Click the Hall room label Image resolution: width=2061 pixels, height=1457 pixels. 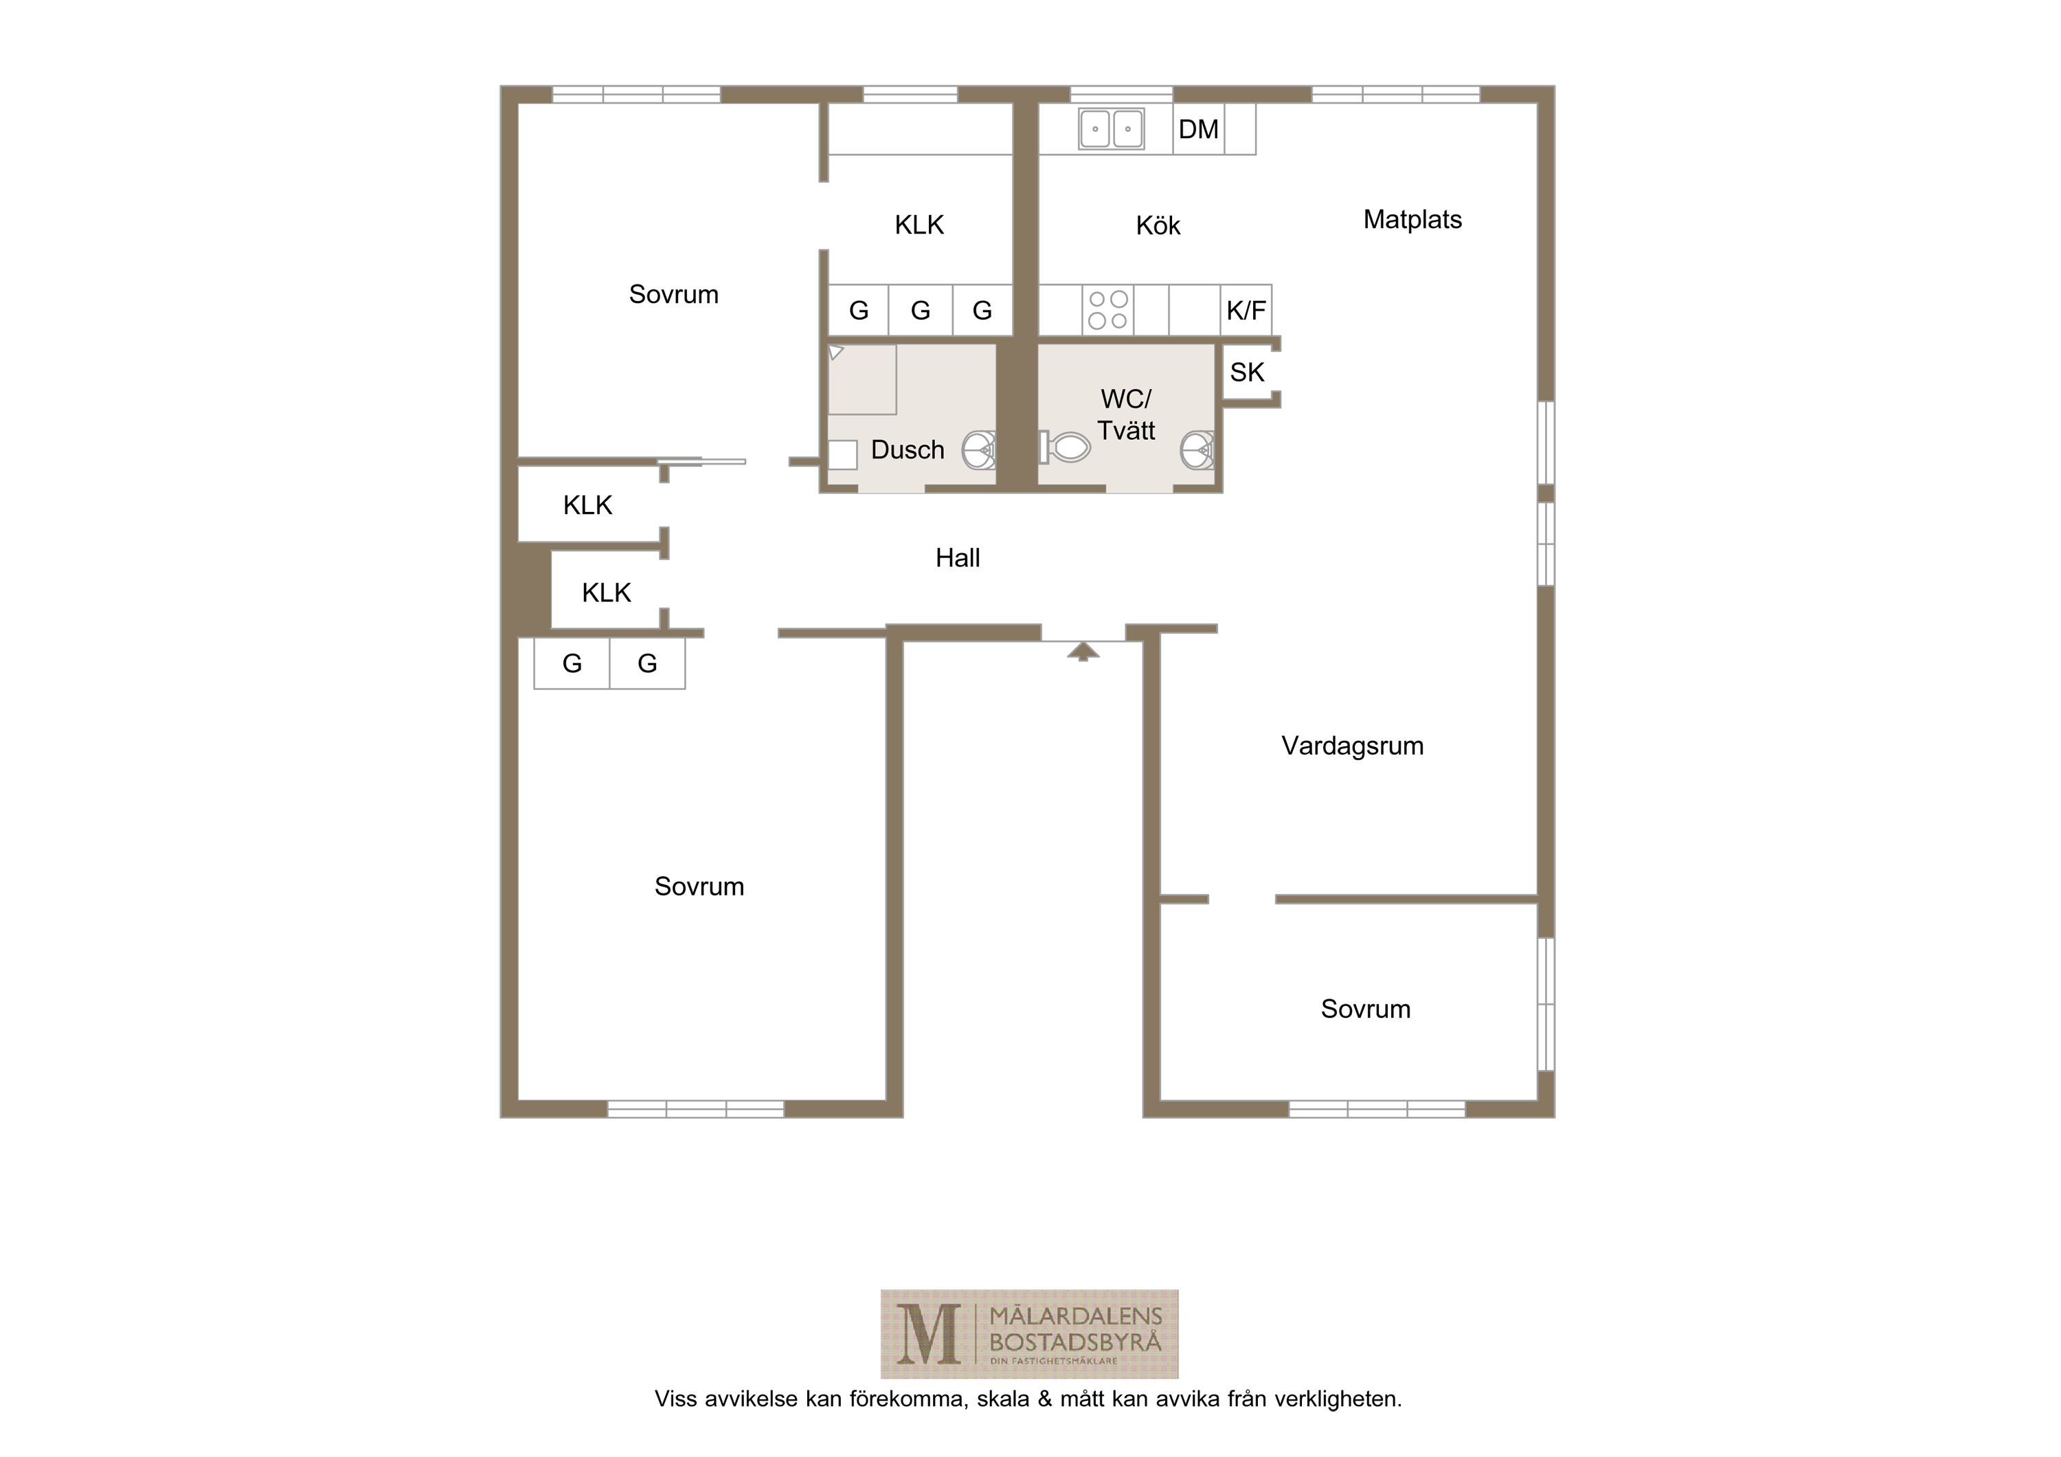pyautogui.click(x=957, y=557)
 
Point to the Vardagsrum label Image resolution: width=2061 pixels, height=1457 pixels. pyautogui.click(x=1352, y=746)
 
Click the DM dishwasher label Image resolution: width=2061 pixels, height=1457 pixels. pyautogui.click(x=1198, y=129)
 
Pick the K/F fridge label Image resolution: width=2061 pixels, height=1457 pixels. pyautogui.click(x=1246, y=311)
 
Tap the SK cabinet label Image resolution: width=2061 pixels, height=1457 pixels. pyautogui.click(x=1247, y=372)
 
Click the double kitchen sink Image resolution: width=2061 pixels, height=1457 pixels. pyautogui.click(x=1112, y=129)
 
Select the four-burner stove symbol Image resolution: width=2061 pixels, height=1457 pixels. pyautogui.click(x=1107, y=310)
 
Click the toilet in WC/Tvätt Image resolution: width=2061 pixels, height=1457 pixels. pyautogui.click(x=1065, y=446)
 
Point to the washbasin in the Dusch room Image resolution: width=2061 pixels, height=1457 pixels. pyautogui.click(x=980, y=449)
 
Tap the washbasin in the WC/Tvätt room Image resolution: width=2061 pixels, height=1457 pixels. pyautogui.click(x=1197, y=449)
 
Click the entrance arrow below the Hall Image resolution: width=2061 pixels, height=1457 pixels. pyautogui.click(x=1083, y=651)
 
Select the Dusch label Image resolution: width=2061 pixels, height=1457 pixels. pyautogui.click(x=908, y=449)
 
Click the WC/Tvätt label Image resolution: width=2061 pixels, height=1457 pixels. pyautogui.click(x=1126, y=414)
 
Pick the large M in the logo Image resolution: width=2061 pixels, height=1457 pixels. pyautogui.click(x=928, y=1334)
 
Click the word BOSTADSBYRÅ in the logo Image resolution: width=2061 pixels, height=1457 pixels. pyautogui.click(x=1075, y=1344)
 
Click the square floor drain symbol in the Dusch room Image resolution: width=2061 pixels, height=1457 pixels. pyautogui.click(x=842, y=455)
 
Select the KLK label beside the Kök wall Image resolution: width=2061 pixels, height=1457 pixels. pyautogui.click(x=919, y=225)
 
